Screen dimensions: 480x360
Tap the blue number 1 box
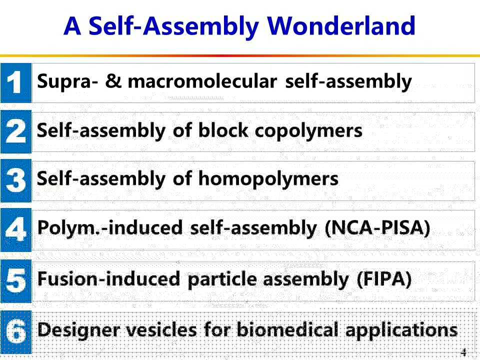16,83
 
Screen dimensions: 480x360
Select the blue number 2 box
16,131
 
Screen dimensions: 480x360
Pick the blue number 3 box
16,180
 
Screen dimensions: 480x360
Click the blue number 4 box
16,230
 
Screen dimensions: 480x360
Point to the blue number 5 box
16,281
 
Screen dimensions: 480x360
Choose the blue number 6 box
16,332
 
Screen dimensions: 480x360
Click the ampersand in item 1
113,81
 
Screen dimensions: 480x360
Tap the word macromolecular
202,81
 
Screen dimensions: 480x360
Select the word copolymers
308,131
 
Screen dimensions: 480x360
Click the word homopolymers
268,179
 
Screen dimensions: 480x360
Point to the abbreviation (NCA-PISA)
377,228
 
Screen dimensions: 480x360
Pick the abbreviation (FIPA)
384,279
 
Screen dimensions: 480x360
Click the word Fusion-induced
108,278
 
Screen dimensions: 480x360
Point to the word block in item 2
223,130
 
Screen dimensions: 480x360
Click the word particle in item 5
222,279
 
